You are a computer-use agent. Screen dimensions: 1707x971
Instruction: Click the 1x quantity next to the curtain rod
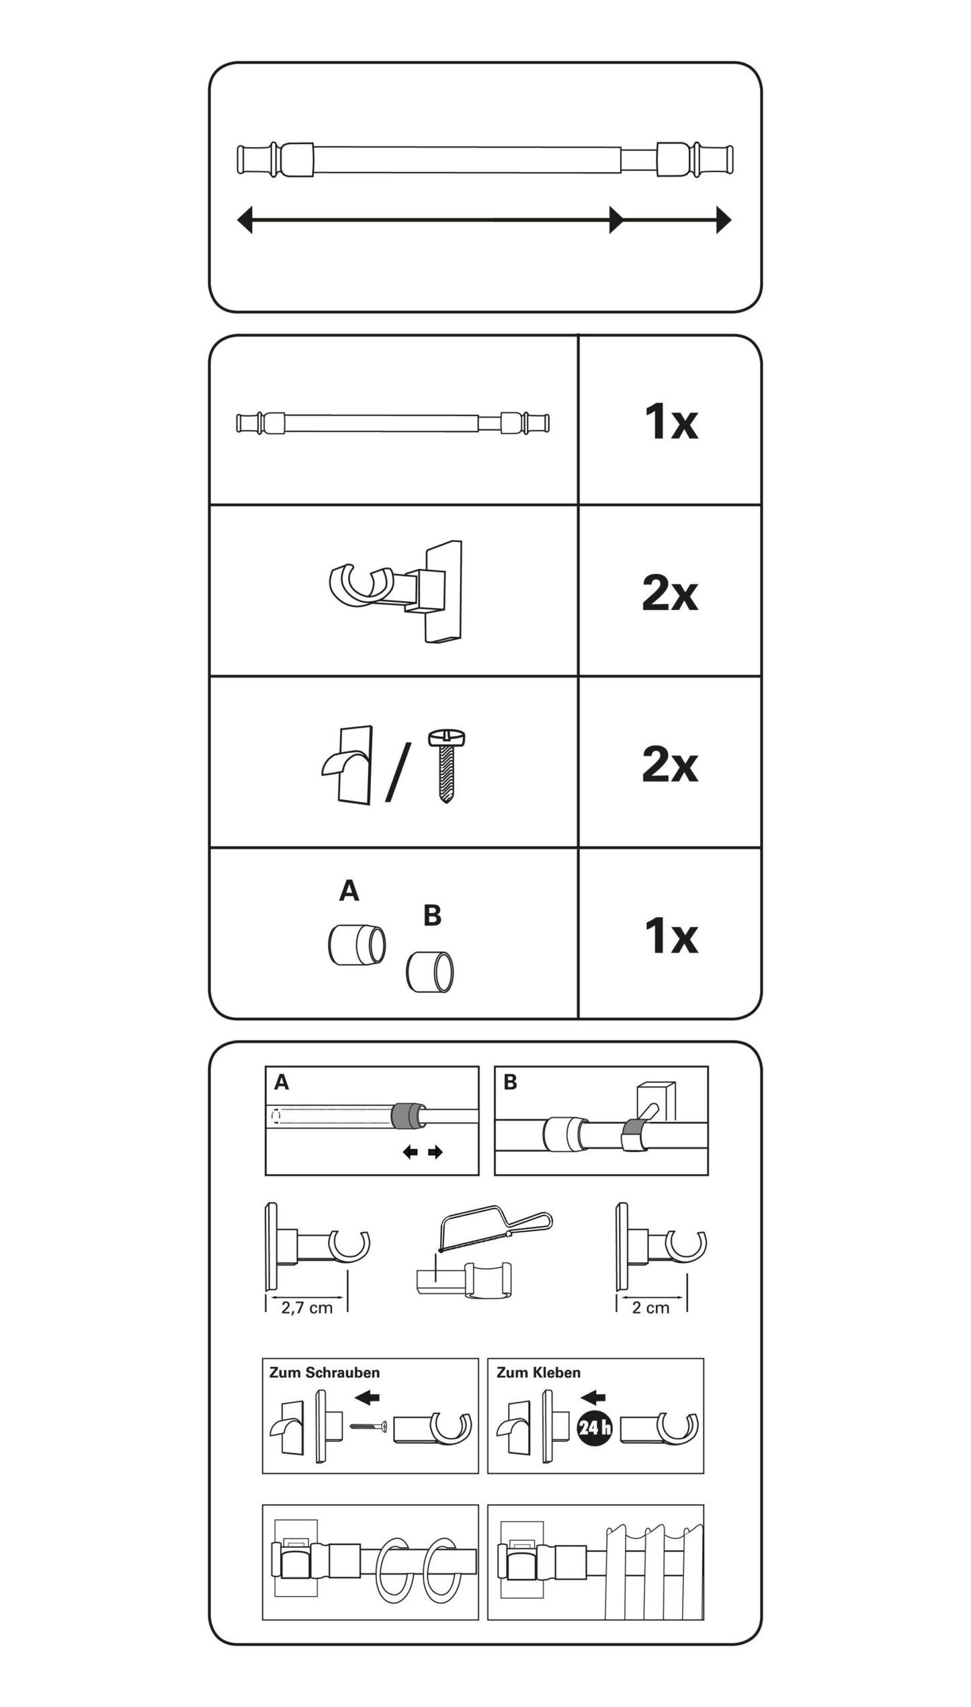coord(670,422)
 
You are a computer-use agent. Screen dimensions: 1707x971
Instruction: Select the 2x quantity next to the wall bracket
coord(670,593)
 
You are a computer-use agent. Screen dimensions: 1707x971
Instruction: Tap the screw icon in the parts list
coord(446,766)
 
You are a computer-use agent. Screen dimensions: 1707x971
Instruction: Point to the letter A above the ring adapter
coord(349,891)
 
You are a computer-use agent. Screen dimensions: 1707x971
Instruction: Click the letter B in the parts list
coord(432,916)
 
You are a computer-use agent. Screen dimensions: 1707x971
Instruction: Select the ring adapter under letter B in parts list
coord(430,971)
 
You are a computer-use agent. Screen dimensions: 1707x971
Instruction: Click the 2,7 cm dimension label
coord(306,1307)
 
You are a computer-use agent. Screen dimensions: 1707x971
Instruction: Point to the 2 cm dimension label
coord(650,1307)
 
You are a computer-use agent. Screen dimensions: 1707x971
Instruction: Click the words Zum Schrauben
coord(325,1372)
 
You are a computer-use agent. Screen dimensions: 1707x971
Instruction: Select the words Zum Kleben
coord(539,1372)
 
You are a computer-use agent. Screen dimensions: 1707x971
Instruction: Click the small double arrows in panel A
coord(423,1153)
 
